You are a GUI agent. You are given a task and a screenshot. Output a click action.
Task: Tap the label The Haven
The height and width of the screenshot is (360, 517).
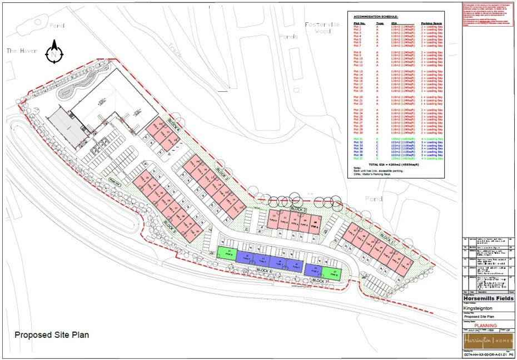tap(22, 51)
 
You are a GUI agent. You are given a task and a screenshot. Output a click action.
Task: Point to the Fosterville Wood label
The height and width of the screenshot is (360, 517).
tap(318, 28)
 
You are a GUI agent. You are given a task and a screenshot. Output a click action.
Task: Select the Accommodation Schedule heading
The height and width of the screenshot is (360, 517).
tap(376, 17)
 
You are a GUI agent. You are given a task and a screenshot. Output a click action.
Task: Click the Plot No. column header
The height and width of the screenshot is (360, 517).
tap(360, 23)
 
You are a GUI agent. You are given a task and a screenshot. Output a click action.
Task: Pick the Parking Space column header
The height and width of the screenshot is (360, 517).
tap(431, 23)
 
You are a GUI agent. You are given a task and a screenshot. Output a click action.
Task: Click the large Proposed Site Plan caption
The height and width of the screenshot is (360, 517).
tap(52, 335)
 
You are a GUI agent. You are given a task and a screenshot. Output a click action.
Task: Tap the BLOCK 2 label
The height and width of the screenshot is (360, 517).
tap(298, 209)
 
